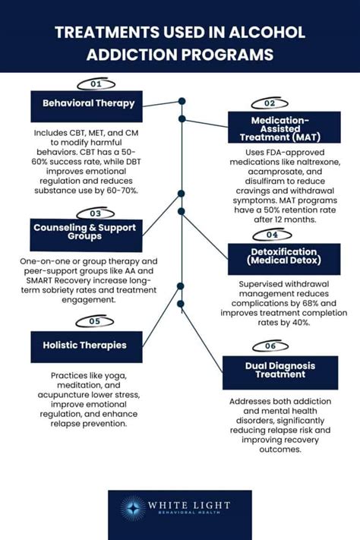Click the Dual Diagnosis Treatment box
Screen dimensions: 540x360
tap(280, 373)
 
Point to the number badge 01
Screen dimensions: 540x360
tap(96, 84)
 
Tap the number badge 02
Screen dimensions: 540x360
tap(269, 103)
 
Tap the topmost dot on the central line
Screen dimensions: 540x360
tap(182, 101)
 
